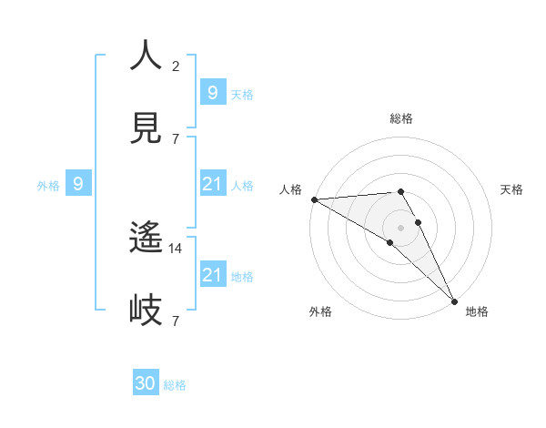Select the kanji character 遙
point(146,239)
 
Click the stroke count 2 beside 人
point(175,66)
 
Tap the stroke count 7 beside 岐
point(175,321)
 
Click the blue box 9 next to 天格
point(212,93)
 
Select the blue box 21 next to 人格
point(212,185)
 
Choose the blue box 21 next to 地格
point(212,275)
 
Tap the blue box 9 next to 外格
point(78,184)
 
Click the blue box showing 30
point(146,383)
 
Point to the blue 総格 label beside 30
point(175,385)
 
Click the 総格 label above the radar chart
point(401,118)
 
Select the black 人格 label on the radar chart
point(290,189)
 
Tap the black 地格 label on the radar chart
point(477,311)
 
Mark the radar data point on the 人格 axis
point(314,199)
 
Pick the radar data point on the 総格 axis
point(400,191)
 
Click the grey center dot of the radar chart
point(400,226)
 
